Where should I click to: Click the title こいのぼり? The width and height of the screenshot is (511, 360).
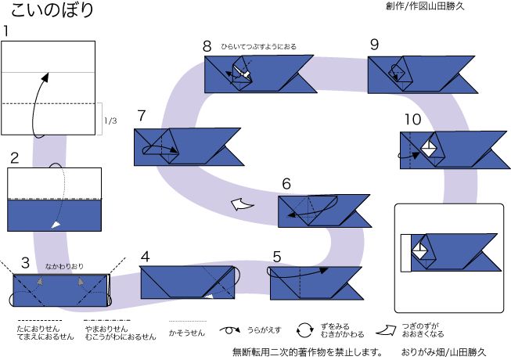point(52,10)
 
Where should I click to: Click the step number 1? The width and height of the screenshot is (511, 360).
point(7,32)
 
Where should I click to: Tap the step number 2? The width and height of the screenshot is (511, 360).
point(13,157)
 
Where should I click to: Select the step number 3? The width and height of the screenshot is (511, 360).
point(26,261)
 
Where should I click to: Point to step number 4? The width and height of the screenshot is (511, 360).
point(146,257)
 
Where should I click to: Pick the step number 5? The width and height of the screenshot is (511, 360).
point(278,257)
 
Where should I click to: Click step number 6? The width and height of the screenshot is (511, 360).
point(286,184)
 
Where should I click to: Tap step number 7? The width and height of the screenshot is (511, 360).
point(141,116)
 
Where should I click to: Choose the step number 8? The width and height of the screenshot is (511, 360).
point(207,45)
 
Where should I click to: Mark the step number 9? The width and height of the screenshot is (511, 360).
point(375,45)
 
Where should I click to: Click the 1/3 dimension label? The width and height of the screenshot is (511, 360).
point(111,121)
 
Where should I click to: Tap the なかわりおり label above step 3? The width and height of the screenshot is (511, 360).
point(64,266)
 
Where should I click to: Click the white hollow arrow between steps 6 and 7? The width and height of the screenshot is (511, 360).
point(242,205)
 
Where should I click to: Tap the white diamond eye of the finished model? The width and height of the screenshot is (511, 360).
point(419,251)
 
